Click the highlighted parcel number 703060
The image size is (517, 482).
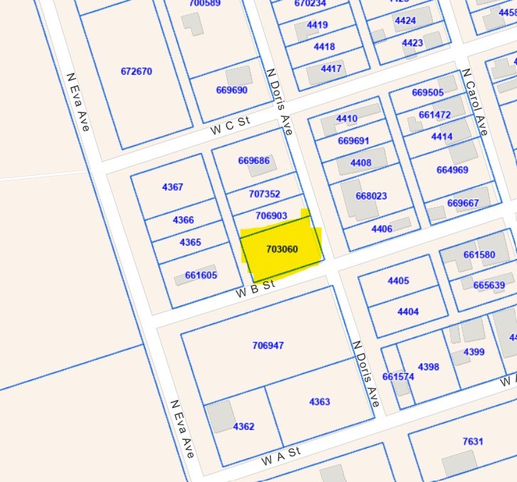point(282,249)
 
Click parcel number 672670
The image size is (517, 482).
point(137,71)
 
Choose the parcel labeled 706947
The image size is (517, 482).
point(268,345)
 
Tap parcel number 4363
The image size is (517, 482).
point(319,402)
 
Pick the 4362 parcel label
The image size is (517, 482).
point(243,426)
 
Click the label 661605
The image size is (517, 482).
point(201,275)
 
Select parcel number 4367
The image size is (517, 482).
point(173,187)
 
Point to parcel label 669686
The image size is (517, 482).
point(254,160)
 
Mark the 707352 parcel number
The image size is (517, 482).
point(265,194)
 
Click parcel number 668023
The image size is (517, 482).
point(371,196)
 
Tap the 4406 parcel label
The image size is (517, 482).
point(382,229)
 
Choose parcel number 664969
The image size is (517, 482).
point(452,169)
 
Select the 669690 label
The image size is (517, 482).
point(231,90)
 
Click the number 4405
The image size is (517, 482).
point(398,281)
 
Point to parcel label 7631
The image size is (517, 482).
point(473,441)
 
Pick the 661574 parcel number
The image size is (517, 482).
point(398,377)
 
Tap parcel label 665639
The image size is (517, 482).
point(489,285)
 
